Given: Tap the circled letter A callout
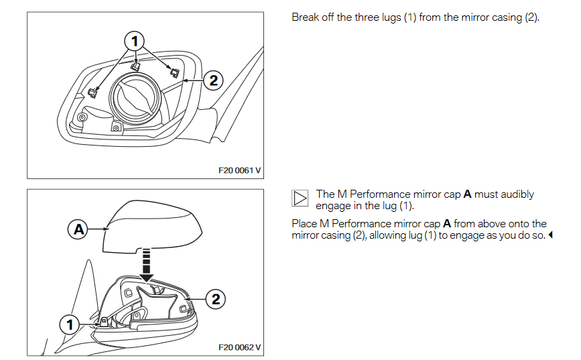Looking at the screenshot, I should point(78,229).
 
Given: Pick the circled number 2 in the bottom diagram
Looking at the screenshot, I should point(215,299).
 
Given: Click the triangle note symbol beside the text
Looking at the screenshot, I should point(300,199).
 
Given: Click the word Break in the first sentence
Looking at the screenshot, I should point(305,17).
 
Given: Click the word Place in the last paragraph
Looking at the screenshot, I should point(305,224).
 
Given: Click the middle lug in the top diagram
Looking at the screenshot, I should point(136,65).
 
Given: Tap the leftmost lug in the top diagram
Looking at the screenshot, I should point(92,91).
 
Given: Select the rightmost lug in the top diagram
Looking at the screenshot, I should point(174,72).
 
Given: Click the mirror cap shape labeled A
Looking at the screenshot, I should point(154,225).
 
